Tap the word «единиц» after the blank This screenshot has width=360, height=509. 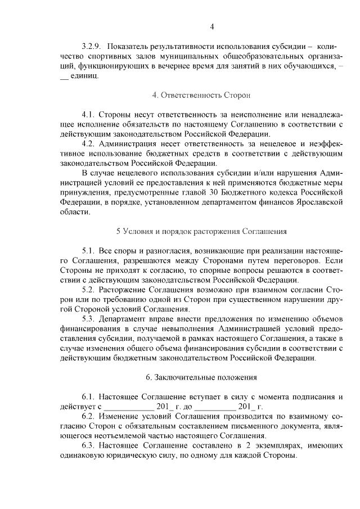tap(85, 76)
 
